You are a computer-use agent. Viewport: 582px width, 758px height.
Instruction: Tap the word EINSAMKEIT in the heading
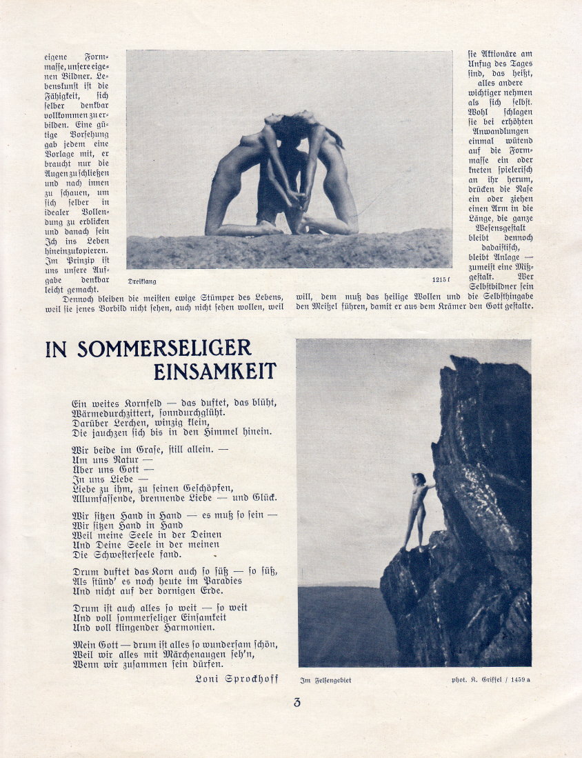[x=214, y=371]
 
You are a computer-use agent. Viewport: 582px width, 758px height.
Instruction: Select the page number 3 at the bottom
[x=297, y=704]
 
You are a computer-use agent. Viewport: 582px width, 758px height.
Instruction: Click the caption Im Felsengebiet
[x=325, y=680]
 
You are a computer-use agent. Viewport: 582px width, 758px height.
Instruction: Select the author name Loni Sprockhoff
[x=237, y=679]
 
